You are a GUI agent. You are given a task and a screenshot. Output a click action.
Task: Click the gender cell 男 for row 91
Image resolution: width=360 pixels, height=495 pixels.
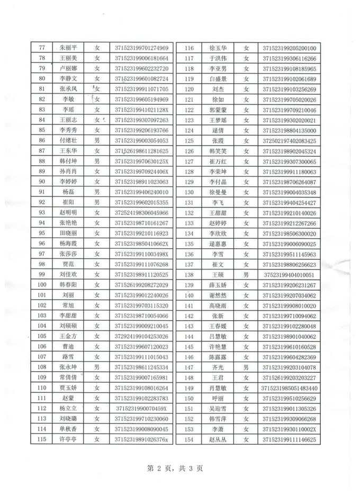[97, 192]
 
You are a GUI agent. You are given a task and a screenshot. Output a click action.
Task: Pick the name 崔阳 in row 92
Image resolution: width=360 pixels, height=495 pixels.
[69, 202]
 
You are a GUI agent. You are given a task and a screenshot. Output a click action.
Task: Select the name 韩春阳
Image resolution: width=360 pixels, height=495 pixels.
[69, 284]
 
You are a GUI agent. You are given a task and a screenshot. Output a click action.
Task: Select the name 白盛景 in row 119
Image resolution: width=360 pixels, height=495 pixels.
[219, 79]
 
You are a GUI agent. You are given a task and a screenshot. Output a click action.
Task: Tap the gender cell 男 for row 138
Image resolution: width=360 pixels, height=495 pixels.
[246, 275]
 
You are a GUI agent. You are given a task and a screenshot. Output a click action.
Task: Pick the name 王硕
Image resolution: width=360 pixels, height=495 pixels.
[219, 275]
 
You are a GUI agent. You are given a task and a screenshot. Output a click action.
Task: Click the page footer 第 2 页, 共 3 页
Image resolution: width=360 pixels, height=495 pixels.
[175, 468]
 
